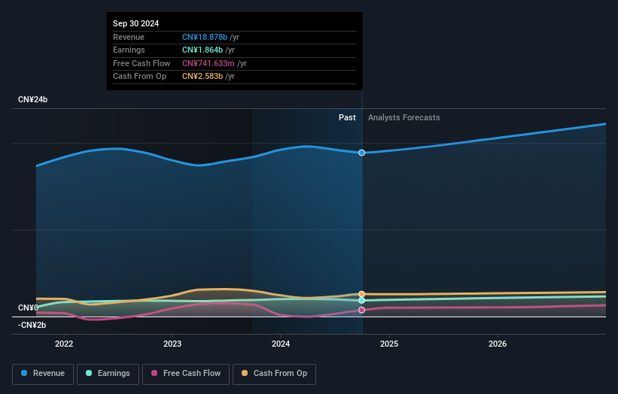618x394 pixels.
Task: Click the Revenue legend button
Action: (x=43, y=374)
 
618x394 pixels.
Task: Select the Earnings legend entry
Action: (x=108, y=374)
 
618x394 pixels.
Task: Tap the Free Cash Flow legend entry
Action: (x=186, y=374)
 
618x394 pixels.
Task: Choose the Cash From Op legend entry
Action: (x=275, y=374)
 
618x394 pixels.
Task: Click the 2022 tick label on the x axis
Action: (x=64, y=344)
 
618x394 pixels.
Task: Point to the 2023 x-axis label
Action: (x=172, y=344)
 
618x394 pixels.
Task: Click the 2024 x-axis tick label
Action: (x=281, y=344)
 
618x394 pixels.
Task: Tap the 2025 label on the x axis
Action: (x=389, y=344)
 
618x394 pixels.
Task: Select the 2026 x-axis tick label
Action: (x=498, y=344)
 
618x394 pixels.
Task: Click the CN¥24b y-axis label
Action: (x=33, y=100)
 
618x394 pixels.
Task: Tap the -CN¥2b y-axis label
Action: (x=32, y=325)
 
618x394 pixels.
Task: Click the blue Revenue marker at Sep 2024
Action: (x=362, y=153)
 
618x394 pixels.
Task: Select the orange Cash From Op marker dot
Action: (x=362, y=294)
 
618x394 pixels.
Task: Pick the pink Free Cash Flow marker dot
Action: (x=362, y=310)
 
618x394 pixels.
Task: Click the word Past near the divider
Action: (x=347, y=117)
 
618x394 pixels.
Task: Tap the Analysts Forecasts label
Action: (x=403, y=117)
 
